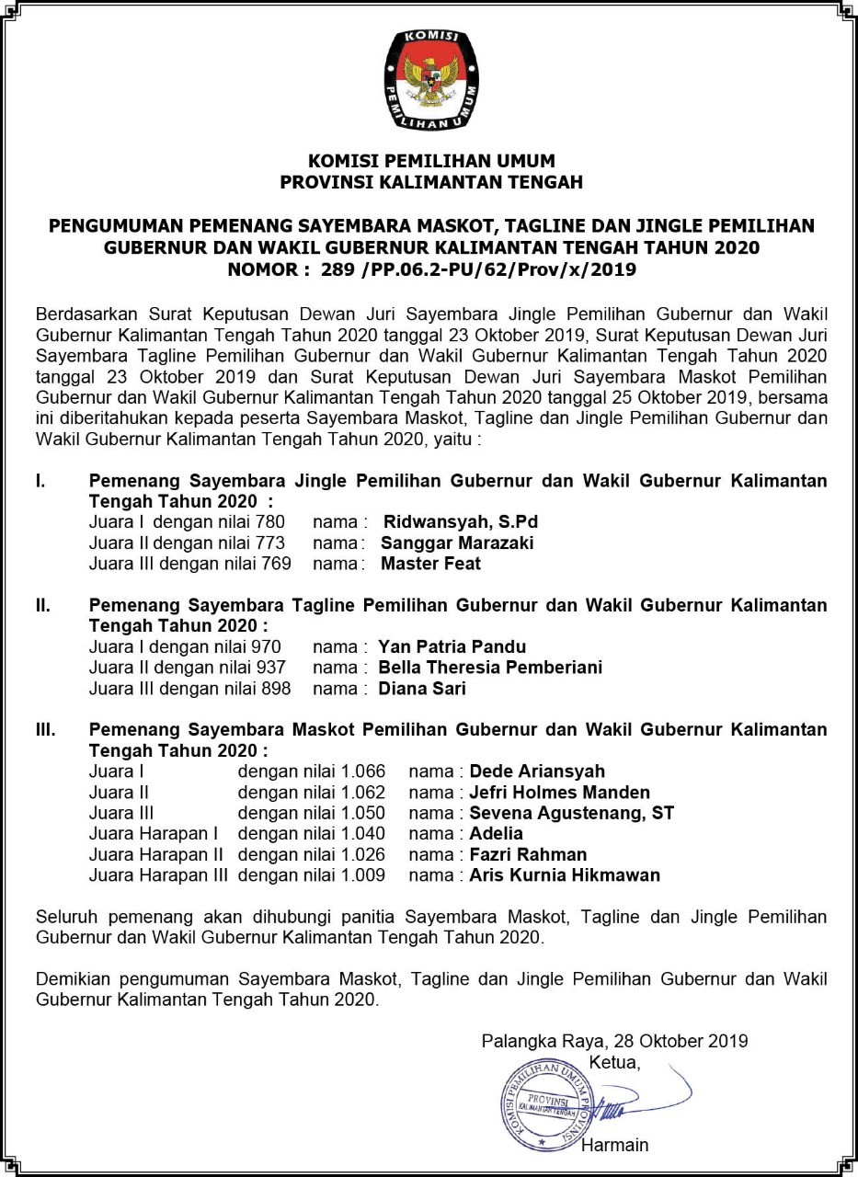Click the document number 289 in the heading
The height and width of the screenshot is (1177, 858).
(337, 269)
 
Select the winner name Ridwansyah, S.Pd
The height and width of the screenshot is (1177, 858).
(461, 522)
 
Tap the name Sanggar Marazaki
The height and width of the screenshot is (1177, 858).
(457, 543)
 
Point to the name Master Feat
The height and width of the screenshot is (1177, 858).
(430, 563)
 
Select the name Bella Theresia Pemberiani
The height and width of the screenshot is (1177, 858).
(490, 667)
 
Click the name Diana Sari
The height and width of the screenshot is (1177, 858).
(422, 688)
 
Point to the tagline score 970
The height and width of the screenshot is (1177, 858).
(266, 646)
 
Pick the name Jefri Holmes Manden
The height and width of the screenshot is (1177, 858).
(559, 792)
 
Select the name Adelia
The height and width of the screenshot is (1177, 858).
(496, 834)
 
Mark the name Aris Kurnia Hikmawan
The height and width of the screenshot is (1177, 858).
(565, 875)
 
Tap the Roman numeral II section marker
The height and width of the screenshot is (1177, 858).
(42, 605)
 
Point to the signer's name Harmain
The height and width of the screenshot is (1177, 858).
(614, 1145)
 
